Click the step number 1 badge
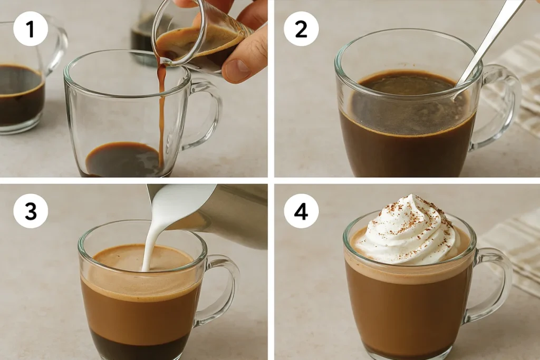(30, 28)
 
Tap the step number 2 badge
(301, 28)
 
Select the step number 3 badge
(30, 211)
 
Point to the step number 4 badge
(301, 211)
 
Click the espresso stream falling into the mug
(161, 113)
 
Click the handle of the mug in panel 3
(220, 289)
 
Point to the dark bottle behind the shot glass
(144, 38)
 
